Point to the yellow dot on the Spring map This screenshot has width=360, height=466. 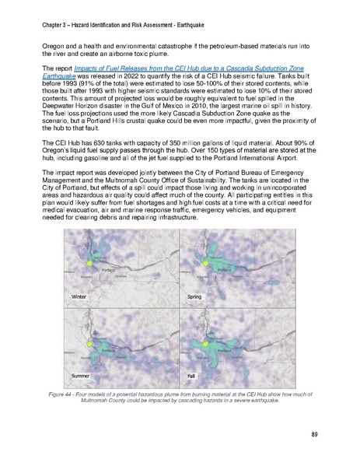[205, 264]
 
